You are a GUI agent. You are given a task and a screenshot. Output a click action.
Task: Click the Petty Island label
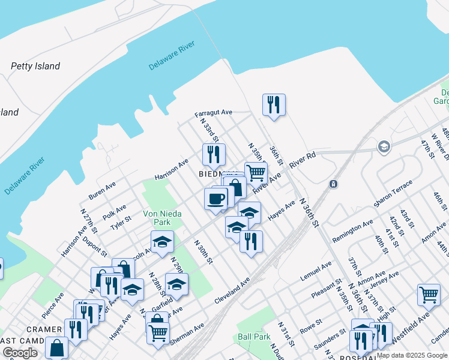tap(35, 66)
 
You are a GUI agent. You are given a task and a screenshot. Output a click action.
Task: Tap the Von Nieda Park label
tap(157, 217)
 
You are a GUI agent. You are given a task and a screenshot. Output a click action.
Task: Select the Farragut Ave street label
tap(213, 113)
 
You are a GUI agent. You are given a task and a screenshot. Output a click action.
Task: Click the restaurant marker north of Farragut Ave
tap(274, 105)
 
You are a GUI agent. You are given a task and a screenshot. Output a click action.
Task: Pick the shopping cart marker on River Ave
tap(256, 173)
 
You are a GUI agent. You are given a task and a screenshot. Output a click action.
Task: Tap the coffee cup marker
tap(216, 199)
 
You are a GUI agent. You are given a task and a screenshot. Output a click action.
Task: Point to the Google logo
tap(20, 353)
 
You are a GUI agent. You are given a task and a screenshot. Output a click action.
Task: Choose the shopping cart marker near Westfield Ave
tap(429, 295)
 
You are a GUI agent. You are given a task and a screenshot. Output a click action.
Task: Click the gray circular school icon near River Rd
tap(384, 146)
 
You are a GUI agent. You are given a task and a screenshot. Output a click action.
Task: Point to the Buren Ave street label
tap(102, 191)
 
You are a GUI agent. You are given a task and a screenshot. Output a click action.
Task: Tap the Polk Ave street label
tap(114, 212)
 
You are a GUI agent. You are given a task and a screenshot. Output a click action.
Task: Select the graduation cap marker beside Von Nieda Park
tap(161, 242)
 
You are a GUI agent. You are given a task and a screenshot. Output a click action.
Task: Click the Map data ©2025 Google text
tap(412, 355)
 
